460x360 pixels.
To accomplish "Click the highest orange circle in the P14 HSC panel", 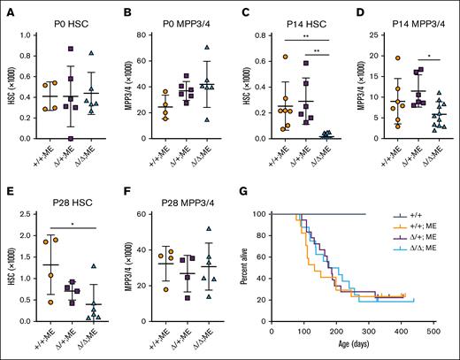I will tap(262, 57).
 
